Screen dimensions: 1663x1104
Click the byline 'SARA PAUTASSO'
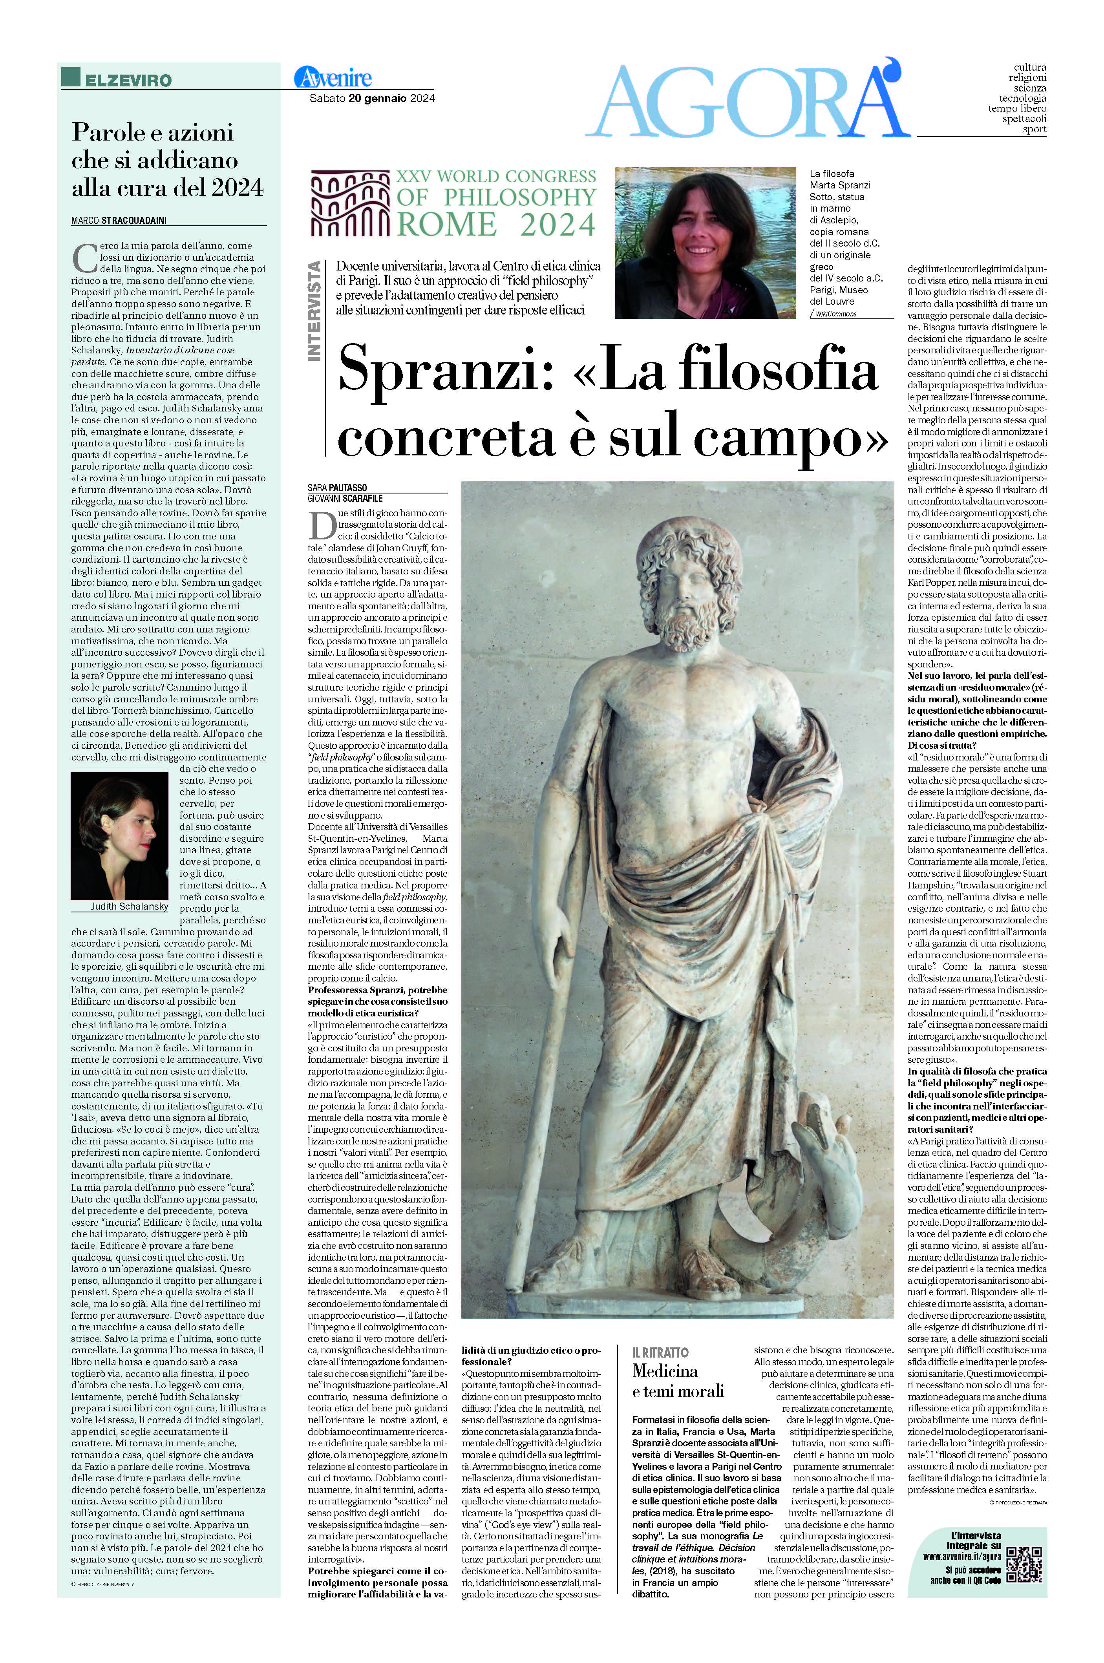[337, 487]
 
